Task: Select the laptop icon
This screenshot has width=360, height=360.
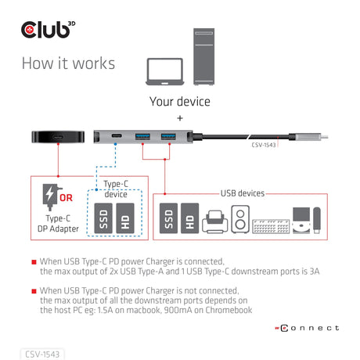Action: [x=165, y=71]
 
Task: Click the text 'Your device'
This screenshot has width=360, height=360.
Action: [x=179, y=101]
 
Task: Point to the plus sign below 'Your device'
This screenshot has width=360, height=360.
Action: [x=179, y=118]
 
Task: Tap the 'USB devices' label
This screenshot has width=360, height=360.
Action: [x=242, y=193]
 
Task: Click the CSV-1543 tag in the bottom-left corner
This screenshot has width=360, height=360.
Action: [x=42, y=353]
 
